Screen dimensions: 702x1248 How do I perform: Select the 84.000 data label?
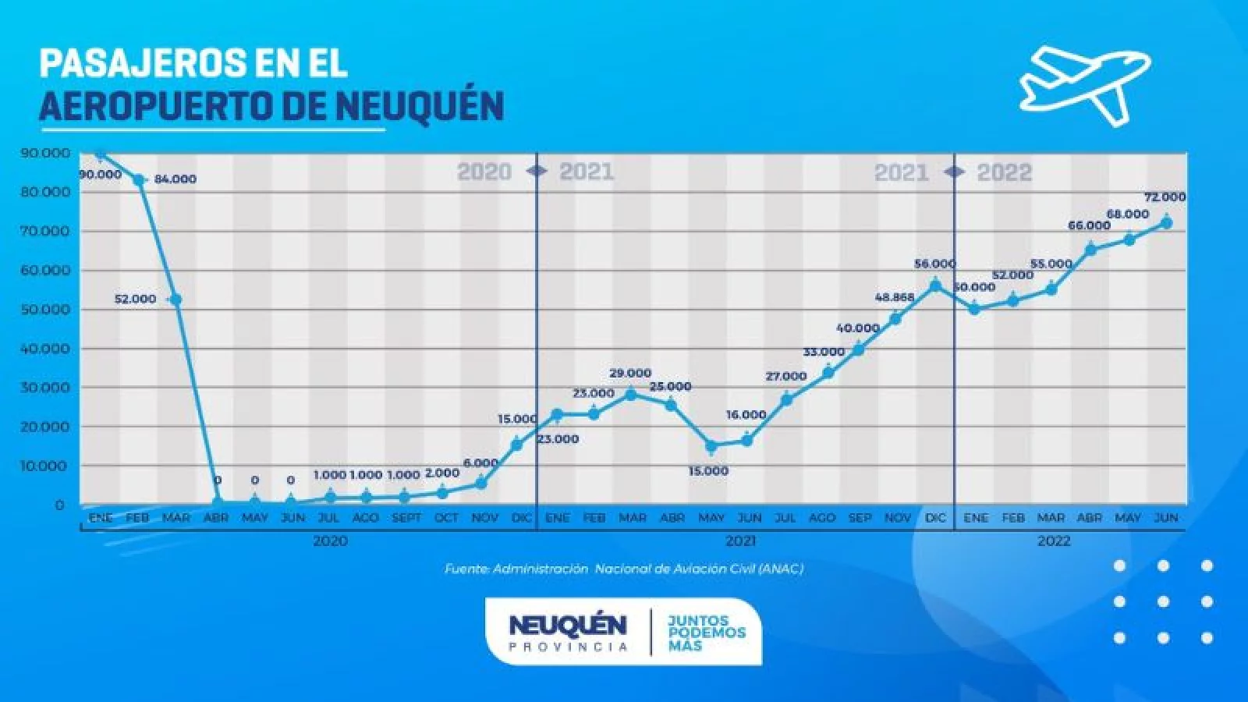pyautogui.click(x=175, y=179)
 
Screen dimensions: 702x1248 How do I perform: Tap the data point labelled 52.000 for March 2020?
pyautogui.click(x=175, y=300)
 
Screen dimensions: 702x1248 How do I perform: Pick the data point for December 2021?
pyautogui.click(x=935, y=286)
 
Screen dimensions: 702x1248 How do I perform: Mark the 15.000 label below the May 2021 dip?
pyautogui.click(x=709, y=471)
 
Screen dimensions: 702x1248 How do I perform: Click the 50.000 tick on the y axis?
pyautogui.click(x=45, y=310)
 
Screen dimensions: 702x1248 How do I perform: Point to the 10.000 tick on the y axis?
pyautogui.click(x=45, y=466)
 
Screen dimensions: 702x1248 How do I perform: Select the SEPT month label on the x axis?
pyautogui.click(x=406, y=518)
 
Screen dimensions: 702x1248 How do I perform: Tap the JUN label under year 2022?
pyautogui.click(x=1165, y=518)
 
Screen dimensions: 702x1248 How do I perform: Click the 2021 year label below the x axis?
pyautogui.click(x=740, y=541)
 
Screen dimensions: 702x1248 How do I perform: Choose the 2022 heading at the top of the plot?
pyautogui.click(x=1005, y=172)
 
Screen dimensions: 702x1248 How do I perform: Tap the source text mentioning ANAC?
pyautogui.click(x=624, y=569)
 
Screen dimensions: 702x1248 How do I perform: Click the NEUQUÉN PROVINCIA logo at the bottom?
pyautogui.click(x=567, y=631)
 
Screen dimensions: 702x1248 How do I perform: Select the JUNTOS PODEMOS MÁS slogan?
pyautogui.click(x=707, y=633)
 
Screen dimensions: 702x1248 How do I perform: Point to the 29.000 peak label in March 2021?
pyautogui.click(x=630, y=374)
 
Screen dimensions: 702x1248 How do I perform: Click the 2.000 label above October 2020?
pyautogui.click(x=442, y=473)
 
